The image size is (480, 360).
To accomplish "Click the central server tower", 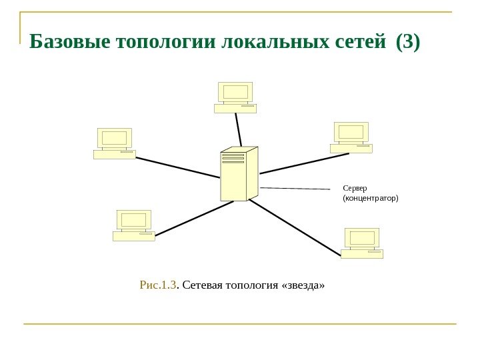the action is [x=239, y=174].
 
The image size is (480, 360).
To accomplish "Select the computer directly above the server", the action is [x=235, y=97].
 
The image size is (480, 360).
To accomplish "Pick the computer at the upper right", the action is [x=351, y=137].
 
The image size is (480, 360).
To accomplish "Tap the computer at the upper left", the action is [x=115, y=143].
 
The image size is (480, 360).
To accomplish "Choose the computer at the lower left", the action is [x=134, y=225].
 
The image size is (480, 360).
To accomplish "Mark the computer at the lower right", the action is [x=362, y=243].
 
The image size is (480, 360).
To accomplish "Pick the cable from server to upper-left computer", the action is [x=178, y=167].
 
